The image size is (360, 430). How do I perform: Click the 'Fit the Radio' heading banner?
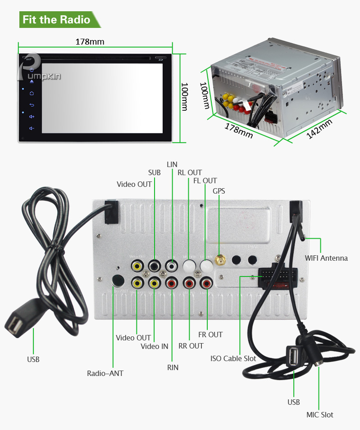(56, 20)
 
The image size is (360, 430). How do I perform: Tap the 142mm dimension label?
(319, 129)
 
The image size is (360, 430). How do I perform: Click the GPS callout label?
(219, 191)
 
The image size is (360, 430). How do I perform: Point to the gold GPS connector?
(219, 261)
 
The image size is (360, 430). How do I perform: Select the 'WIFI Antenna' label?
(326, 258)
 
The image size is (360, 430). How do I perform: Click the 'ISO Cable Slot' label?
(233, 358)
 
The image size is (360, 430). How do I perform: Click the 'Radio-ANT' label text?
(105, 373)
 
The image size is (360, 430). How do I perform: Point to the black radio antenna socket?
(118, 281)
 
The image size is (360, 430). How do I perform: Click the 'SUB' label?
(154, 172)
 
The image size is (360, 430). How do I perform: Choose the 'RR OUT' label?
(191, 346)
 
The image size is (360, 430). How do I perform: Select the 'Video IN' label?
(154, 346)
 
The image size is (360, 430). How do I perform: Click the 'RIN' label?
(173, 367)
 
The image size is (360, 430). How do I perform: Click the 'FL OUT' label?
(205, 181)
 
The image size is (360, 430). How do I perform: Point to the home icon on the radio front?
(32, 94)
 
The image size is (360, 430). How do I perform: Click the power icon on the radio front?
(32, 70)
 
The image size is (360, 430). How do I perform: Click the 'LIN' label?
(172, 164)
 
